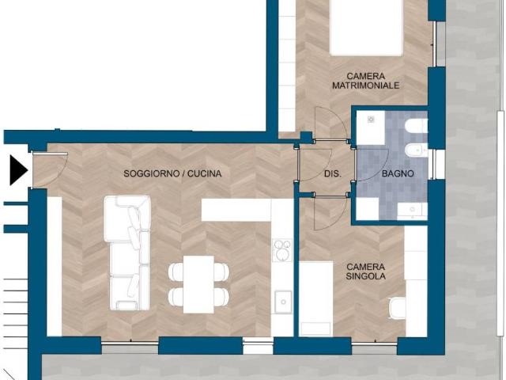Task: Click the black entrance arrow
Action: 17,170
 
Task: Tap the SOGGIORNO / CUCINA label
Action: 172,174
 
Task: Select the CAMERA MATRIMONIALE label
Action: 365,81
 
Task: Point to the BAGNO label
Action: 398,173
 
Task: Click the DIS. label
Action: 332,174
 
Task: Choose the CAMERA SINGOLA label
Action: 365,272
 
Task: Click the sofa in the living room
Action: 127,253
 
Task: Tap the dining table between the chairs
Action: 198,284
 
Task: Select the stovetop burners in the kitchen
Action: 282,250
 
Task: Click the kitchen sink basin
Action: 283,302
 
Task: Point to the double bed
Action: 366,28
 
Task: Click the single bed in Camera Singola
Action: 316,299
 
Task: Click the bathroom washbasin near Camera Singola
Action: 412,209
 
